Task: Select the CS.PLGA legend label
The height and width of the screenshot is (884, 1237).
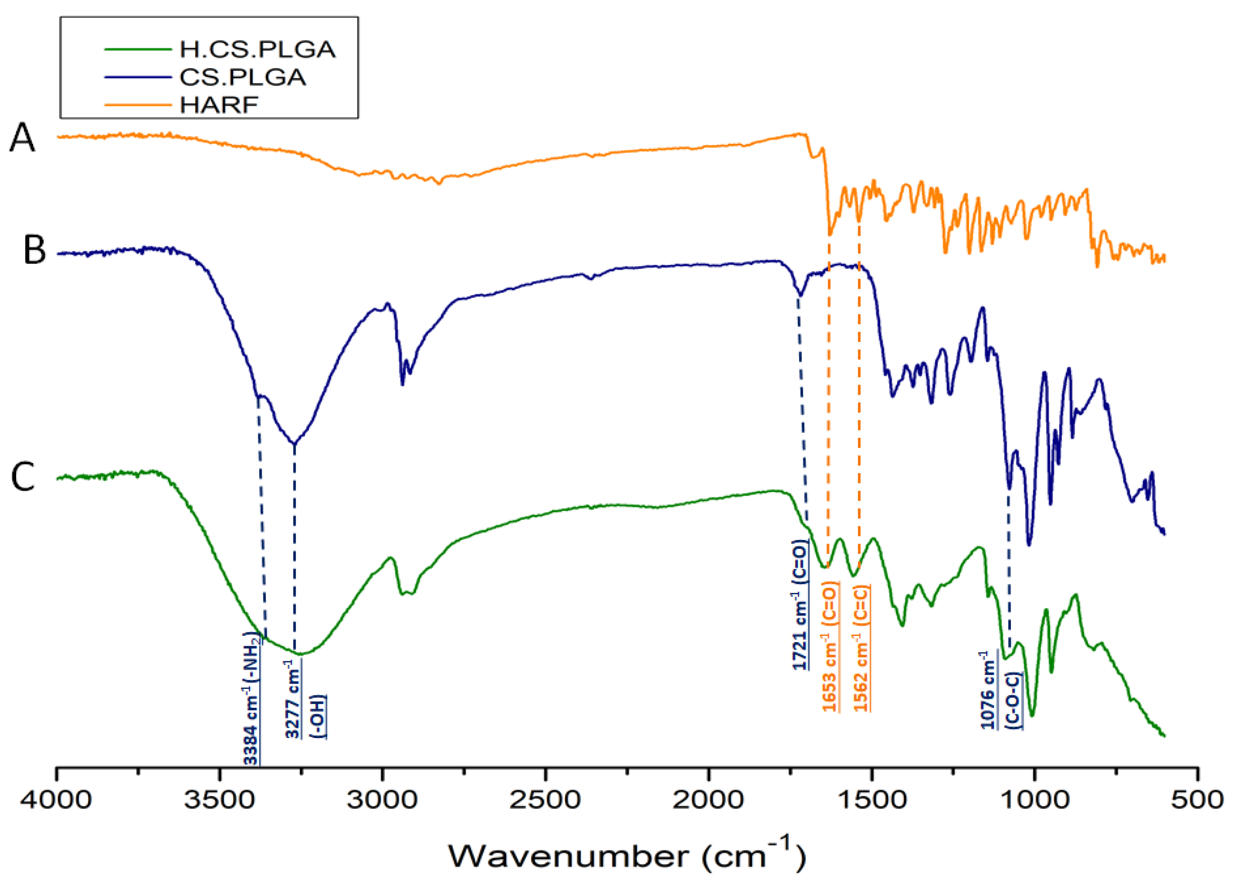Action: point(242,77)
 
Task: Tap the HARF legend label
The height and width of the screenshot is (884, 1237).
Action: point(219,105)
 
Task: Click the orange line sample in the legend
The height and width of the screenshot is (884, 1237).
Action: point(138,105)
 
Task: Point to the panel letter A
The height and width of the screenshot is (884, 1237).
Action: point(22,138)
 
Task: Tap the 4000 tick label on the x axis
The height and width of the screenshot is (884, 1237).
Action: point(56,800)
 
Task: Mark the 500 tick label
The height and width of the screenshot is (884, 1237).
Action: point(1197,800)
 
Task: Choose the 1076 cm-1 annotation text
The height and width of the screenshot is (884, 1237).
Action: point(988,690)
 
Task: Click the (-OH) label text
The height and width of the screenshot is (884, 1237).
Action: point(318,717)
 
